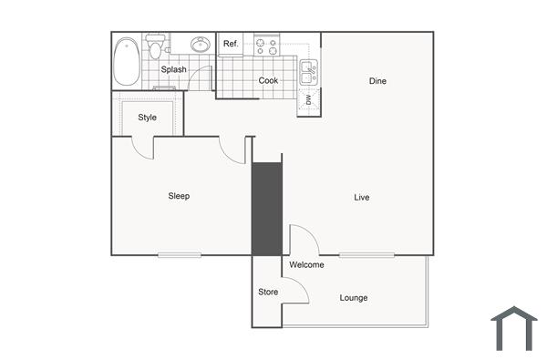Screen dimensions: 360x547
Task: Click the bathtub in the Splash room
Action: (x=127, y=61)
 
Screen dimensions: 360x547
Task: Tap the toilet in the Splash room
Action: (x=157, y=47)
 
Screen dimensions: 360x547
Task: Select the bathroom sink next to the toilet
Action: (x=200, y=44)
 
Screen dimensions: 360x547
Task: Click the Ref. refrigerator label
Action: (x=231, y=44)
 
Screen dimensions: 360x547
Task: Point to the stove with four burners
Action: (x=266, y=45)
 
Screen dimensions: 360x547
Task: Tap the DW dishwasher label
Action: (x=309, y=99)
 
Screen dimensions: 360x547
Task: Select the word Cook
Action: (x=268, y=80)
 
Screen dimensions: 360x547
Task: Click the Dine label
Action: (x=377, y=81)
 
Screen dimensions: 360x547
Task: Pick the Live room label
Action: (x=362, y=197)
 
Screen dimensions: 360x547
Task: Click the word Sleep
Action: (x=179, y=196)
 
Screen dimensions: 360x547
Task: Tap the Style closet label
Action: (x=147, y=118)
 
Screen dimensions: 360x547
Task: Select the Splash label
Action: (x=173, y=69)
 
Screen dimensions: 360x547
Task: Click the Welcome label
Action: (x=306, y=265)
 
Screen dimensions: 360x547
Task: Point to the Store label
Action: (x=267, y=293)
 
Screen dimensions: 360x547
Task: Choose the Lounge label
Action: (x=354, y=298)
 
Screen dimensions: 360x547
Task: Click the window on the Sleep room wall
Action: (x=179, y=254)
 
